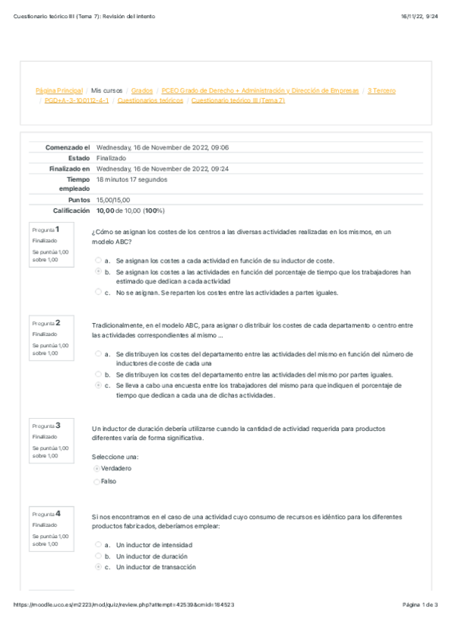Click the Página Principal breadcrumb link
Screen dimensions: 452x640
click(x=59, y=91)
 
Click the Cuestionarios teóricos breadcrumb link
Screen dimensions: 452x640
click(x=150, y=100)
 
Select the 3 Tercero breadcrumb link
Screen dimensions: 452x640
click(x=381, y=91)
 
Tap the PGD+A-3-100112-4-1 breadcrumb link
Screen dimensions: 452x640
click(x=76, y=100)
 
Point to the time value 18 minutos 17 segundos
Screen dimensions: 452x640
click(x=133, y=180)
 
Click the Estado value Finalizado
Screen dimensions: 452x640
click(x=112, y=158)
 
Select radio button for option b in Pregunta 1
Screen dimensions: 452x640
click(x=98, y=271)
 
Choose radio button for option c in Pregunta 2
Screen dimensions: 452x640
click(x=98, y=385)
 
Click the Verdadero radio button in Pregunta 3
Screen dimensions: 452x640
click(x=97, y=469)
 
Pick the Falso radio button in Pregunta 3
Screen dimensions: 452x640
click(x=97, y=482)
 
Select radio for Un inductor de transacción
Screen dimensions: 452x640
click(x=98, y=567)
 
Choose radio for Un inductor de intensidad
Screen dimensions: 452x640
click(x=98, y=544)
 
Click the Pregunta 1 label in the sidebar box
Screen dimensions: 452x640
click(x=47, y=228)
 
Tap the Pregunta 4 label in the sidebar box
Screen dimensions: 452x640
click(x=47, y=513)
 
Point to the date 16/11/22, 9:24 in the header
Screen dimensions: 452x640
click(x=418, y=16)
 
